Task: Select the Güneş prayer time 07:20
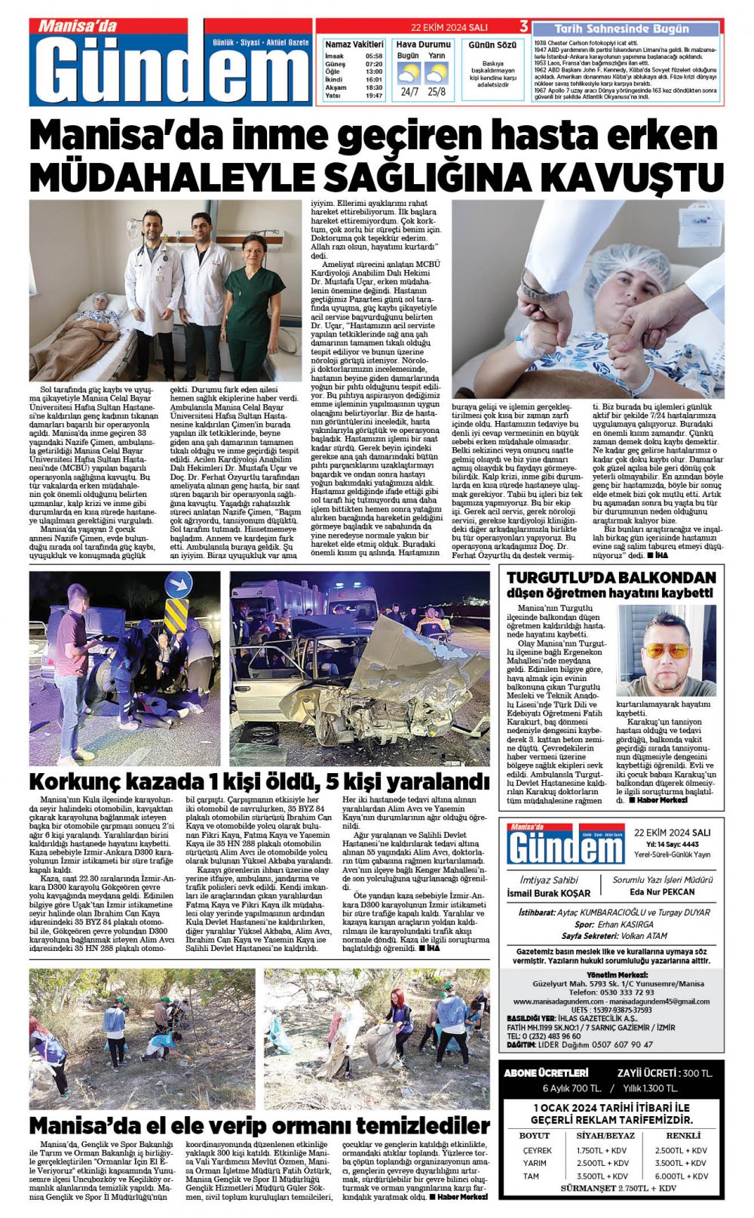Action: pyautogui.click(x=373, y=64)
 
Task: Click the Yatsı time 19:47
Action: pyautogui.click(x=373, y=96)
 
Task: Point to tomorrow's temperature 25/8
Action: pyautogui.click(x=436, y=92)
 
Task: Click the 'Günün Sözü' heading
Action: pyautogui.click(x=492, y=45)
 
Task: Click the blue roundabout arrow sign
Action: pyautogui.click(x=178, y=584)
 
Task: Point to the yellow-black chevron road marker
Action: pyautogui.click(x=176, y=615)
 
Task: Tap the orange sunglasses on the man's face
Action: pyautogui.click(x=666, y=650)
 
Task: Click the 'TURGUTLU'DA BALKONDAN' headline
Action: pyautogui.click(x=611, y=578)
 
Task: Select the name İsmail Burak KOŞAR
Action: pyautogui.click(x=549, y=894)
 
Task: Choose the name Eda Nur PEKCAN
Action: pyautogui.click(x=662, y=891)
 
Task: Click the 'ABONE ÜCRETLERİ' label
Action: pyautogui.click(x=546, y=1072)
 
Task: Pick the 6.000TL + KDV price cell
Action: pyautogui.click(x=681, y=1176)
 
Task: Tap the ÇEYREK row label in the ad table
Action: pyautogui.click(x=537, y=1150)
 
